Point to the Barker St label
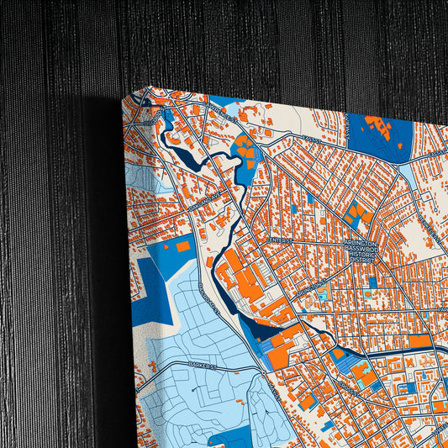(x=203, y=366)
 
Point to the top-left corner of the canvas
(x=148, y=87)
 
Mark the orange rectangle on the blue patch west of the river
(x=182, y=246)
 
